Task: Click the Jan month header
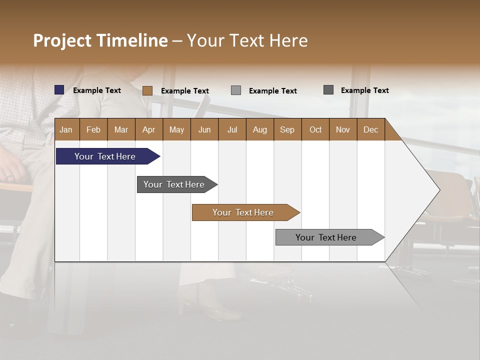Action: click(66, 129)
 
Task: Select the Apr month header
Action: click(149, 129)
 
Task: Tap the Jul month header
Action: click(232, 129)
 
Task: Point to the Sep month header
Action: click(287, 129)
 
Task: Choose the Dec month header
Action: click(370, 129)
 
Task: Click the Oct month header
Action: click(315, 129)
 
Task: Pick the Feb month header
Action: click(93, 129)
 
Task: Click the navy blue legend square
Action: click(59, 90)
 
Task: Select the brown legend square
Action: click(147, 90)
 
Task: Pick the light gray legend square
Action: click(236, 90)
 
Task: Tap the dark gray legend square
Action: click(328, 90)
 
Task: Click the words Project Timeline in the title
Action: click(100, 40)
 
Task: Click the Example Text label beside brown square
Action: click(184, 91)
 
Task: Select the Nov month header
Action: click(343, 129)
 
